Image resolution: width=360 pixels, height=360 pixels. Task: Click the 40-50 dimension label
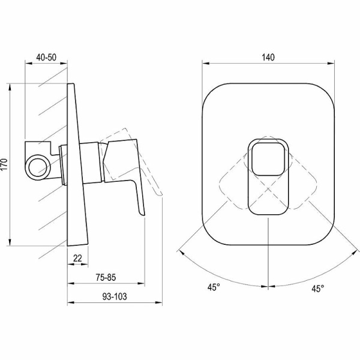point(46,58)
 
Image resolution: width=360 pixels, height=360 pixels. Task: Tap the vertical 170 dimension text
point(5,164)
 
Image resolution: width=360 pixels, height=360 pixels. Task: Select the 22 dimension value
point(77,258)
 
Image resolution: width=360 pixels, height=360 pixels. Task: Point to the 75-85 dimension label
point(106,278)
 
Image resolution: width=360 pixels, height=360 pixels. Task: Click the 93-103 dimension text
point(115,296)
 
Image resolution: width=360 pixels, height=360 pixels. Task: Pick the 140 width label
point(268,58)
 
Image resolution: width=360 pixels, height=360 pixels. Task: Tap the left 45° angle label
point(214,287)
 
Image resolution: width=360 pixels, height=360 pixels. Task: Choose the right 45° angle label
point(318,289)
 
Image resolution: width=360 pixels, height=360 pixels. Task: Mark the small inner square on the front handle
point(268,160)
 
